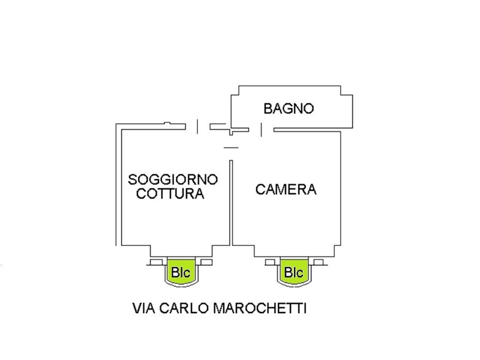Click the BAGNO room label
289,109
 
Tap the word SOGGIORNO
173,179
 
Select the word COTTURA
170,194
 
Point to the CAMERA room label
286,190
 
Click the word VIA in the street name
143,308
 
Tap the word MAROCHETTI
260,308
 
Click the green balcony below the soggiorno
181,272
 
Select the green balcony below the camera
294,272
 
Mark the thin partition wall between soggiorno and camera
231,203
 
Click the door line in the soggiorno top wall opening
197,127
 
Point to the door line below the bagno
261,130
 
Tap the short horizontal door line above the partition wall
231,148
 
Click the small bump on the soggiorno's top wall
167,123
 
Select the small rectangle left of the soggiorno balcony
157,262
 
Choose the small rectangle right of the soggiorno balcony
206,262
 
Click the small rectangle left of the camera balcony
270,262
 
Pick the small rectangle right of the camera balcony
319,262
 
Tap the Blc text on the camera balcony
294,272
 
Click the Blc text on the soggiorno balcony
181,272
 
